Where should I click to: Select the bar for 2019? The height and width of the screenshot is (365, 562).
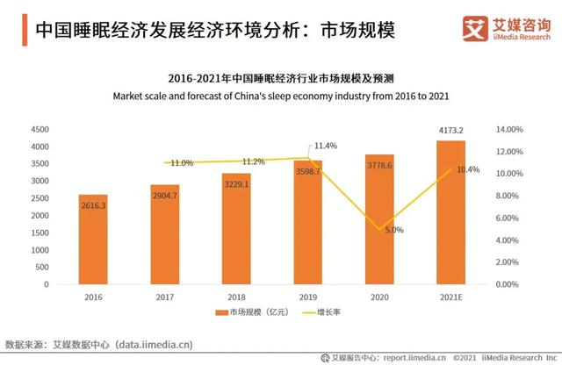click(308, 223)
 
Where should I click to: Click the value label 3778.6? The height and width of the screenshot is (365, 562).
click(379, 163)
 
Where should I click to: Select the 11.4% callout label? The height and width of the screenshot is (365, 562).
click(326, 145)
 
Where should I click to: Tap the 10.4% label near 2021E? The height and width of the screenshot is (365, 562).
click(469, 169)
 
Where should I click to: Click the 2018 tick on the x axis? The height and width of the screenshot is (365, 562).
click(236, 297)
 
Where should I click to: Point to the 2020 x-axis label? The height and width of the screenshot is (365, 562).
click(379, 297)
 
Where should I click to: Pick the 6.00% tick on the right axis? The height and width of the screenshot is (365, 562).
click(510, 218)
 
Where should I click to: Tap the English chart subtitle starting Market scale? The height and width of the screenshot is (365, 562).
click(281, 94)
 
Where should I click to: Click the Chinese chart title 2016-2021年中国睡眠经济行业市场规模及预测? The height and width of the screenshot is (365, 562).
click(281, 78)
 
